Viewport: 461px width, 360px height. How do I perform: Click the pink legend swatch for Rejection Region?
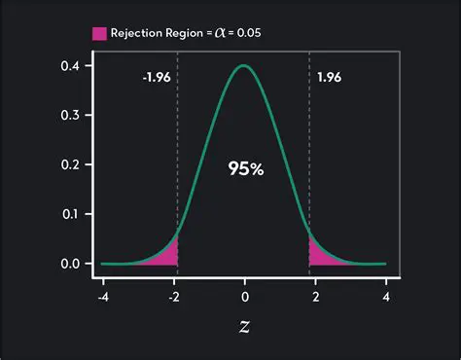(99, 33)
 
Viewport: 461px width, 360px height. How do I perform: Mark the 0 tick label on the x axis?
(244, 295)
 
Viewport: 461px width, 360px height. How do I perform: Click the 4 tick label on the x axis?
(385, 295)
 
